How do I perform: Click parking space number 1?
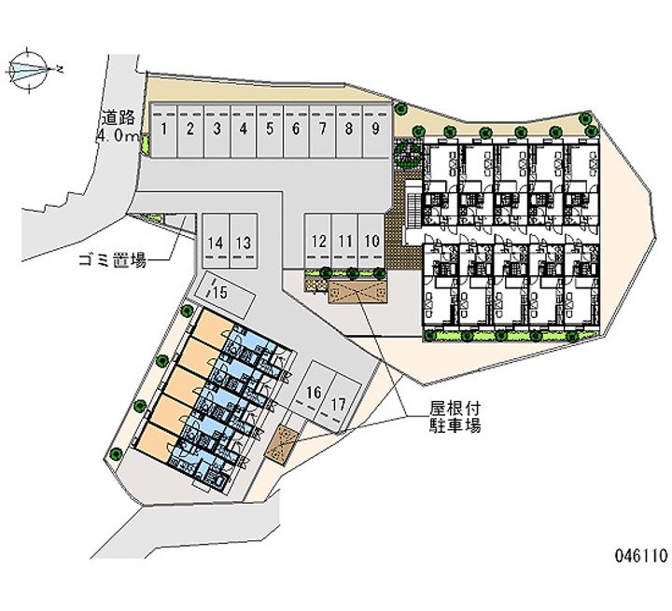[163, 131]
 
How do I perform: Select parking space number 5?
[269, 131]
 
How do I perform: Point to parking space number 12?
[319, 242]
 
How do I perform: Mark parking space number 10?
[372, 242]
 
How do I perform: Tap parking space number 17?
[340, 405]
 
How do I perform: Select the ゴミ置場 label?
[112, 260]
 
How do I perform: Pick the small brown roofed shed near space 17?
[284, 443]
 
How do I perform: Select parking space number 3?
[217, 131]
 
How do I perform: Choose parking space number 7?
[322, 131]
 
